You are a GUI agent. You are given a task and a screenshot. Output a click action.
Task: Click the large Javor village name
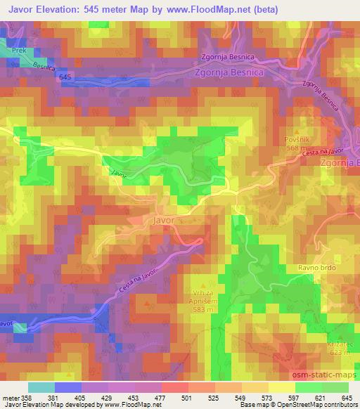pyautogui.click(x=162, y=220)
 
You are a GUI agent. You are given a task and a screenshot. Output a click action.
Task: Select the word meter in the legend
pyautogui.click(x=11, y=398)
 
